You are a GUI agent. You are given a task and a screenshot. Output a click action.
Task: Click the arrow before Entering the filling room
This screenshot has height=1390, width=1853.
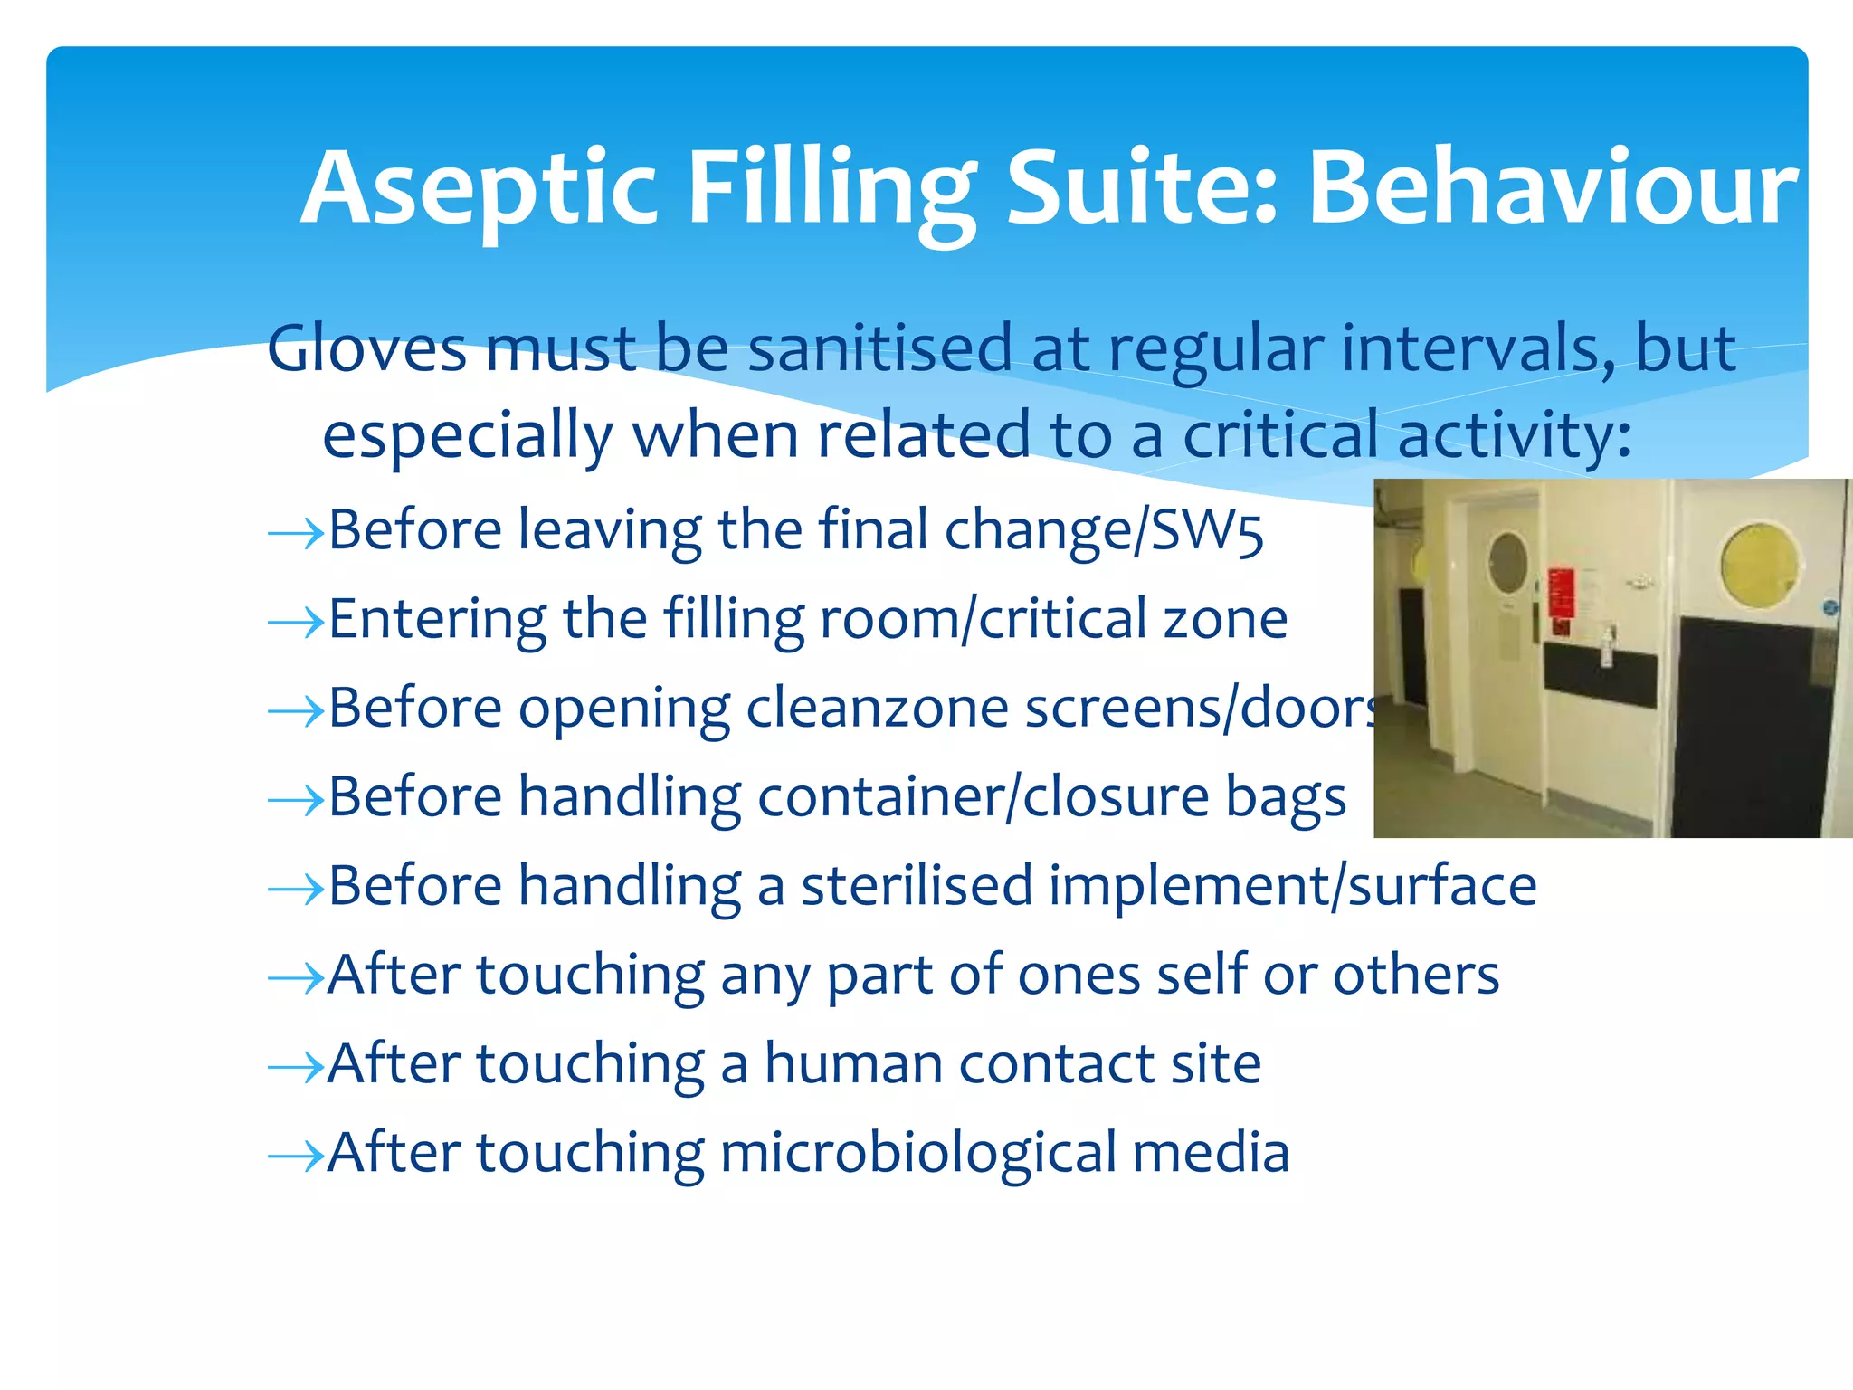tap(296, 623)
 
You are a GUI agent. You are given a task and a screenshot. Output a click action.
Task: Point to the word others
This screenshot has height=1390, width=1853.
tap(1415, 975)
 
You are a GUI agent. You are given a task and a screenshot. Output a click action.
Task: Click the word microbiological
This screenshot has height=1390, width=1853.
tap(917, 1153)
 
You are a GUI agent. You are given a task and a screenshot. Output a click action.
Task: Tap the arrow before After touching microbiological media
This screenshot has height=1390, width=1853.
tap(296, 1156)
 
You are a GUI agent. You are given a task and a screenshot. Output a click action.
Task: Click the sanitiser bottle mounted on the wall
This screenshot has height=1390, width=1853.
tap(1609, 644)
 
